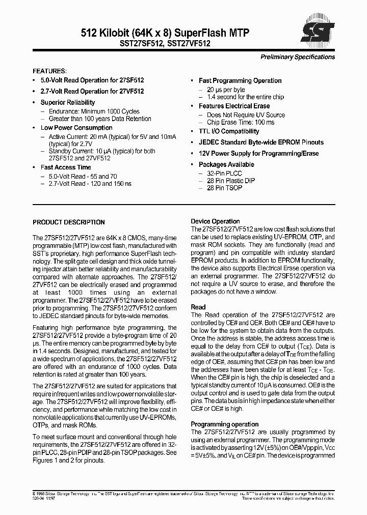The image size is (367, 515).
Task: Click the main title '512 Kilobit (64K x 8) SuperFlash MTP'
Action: [165, 33]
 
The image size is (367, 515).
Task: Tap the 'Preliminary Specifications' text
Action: [298, 57]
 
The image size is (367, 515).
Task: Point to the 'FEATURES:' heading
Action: [49, 71]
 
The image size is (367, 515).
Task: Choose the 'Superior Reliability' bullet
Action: [68, 102]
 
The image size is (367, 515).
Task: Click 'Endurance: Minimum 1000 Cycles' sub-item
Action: [94, 111]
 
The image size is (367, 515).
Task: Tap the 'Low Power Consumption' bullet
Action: [76, 128]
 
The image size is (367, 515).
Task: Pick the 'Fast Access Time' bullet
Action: [66, 167]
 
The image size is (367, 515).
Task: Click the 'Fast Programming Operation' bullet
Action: [240, 81]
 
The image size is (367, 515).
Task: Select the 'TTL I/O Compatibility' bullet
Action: [229, 132]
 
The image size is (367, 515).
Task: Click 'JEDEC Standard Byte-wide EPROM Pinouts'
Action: [261, 142]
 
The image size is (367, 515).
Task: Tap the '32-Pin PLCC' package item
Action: [224, 174]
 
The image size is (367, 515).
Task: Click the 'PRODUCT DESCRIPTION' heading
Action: [69, 222]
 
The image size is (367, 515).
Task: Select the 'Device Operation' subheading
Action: [215, 221]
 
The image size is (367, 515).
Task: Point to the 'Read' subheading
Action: [198, 307]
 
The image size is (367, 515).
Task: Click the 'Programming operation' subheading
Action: [224, 424]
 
